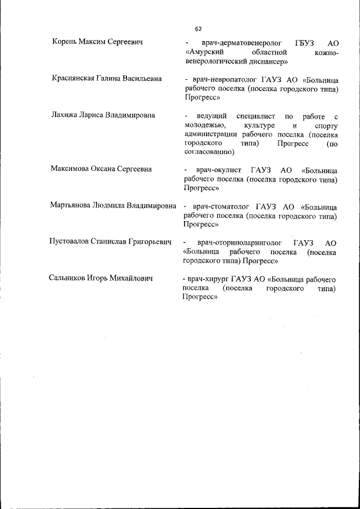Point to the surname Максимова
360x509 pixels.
point(71,169)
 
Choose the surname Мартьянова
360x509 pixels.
point(73,205)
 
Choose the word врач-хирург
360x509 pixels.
point(208,278)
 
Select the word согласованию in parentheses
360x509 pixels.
point(206,152)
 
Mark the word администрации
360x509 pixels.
point(212,134)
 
